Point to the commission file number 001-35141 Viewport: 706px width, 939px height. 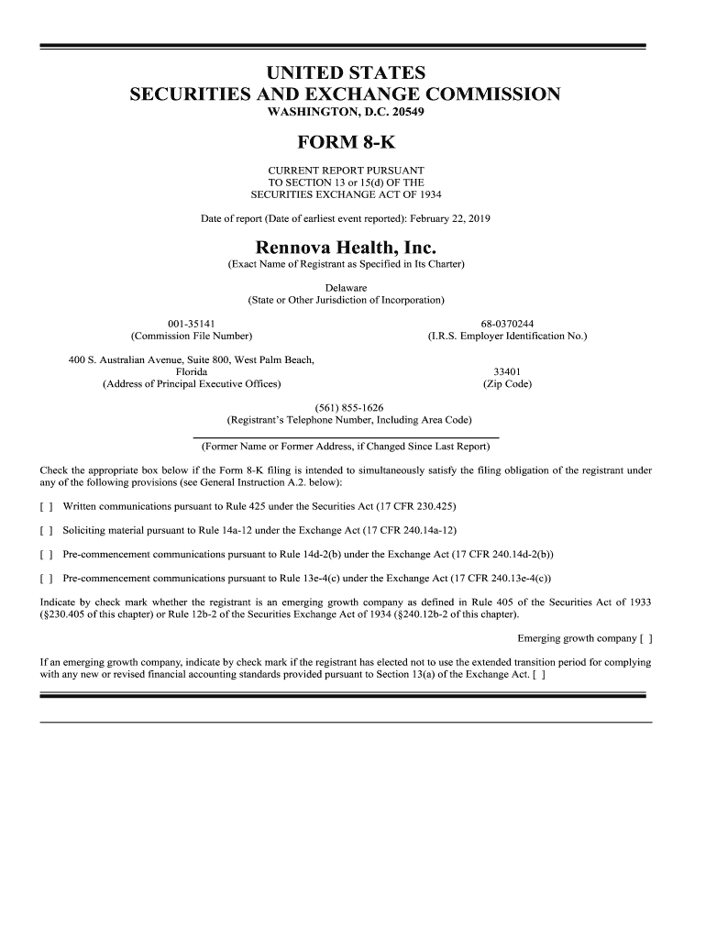click(192, 324)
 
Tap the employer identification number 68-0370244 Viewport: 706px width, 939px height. click(507, 324)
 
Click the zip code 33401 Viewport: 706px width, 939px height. click(507, 371)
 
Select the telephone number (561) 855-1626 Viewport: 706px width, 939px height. click(348, 407)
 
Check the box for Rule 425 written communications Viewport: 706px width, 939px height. click(46, 506)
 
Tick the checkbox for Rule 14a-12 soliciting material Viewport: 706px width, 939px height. click(46, 530)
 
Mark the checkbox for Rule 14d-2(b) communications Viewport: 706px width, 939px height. click(46, 555)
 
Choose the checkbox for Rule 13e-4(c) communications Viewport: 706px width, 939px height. click(46, 579)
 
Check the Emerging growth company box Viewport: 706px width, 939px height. click(645, 638)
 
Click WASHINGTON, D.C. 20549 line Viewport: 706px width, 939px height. click(346, 112)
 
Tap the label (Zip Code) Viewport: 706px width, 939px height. click(507, 383)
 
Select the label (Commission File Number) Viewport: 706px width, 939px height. click(192, 337)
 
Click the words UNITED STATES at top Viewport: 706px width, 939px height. click(346, 72)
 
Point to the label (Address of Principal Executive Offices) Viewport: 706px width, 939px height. click(192, 383)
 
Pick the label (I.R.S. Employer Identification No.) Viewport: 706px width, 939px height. click(507, 337)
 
